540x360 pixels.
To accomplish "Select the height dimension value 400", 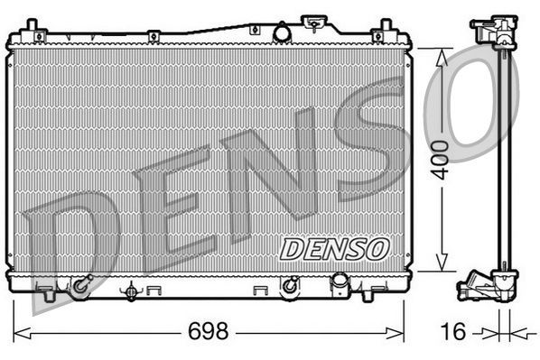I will pyautogui.click(x=440, y=159).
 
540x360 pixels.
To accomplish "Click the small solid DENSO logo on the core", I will pyautogui.click(x=333, y=247).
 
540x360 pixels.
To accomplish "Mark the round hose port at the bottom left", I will pyautogui.click(x=80, y=286).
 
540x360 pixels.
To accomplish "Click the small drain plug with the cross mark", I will pyautogui.click(x=133, y=291).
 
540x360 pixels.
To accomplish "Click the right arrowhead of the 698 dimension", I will pyautogui.click(x=401, y=332).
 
